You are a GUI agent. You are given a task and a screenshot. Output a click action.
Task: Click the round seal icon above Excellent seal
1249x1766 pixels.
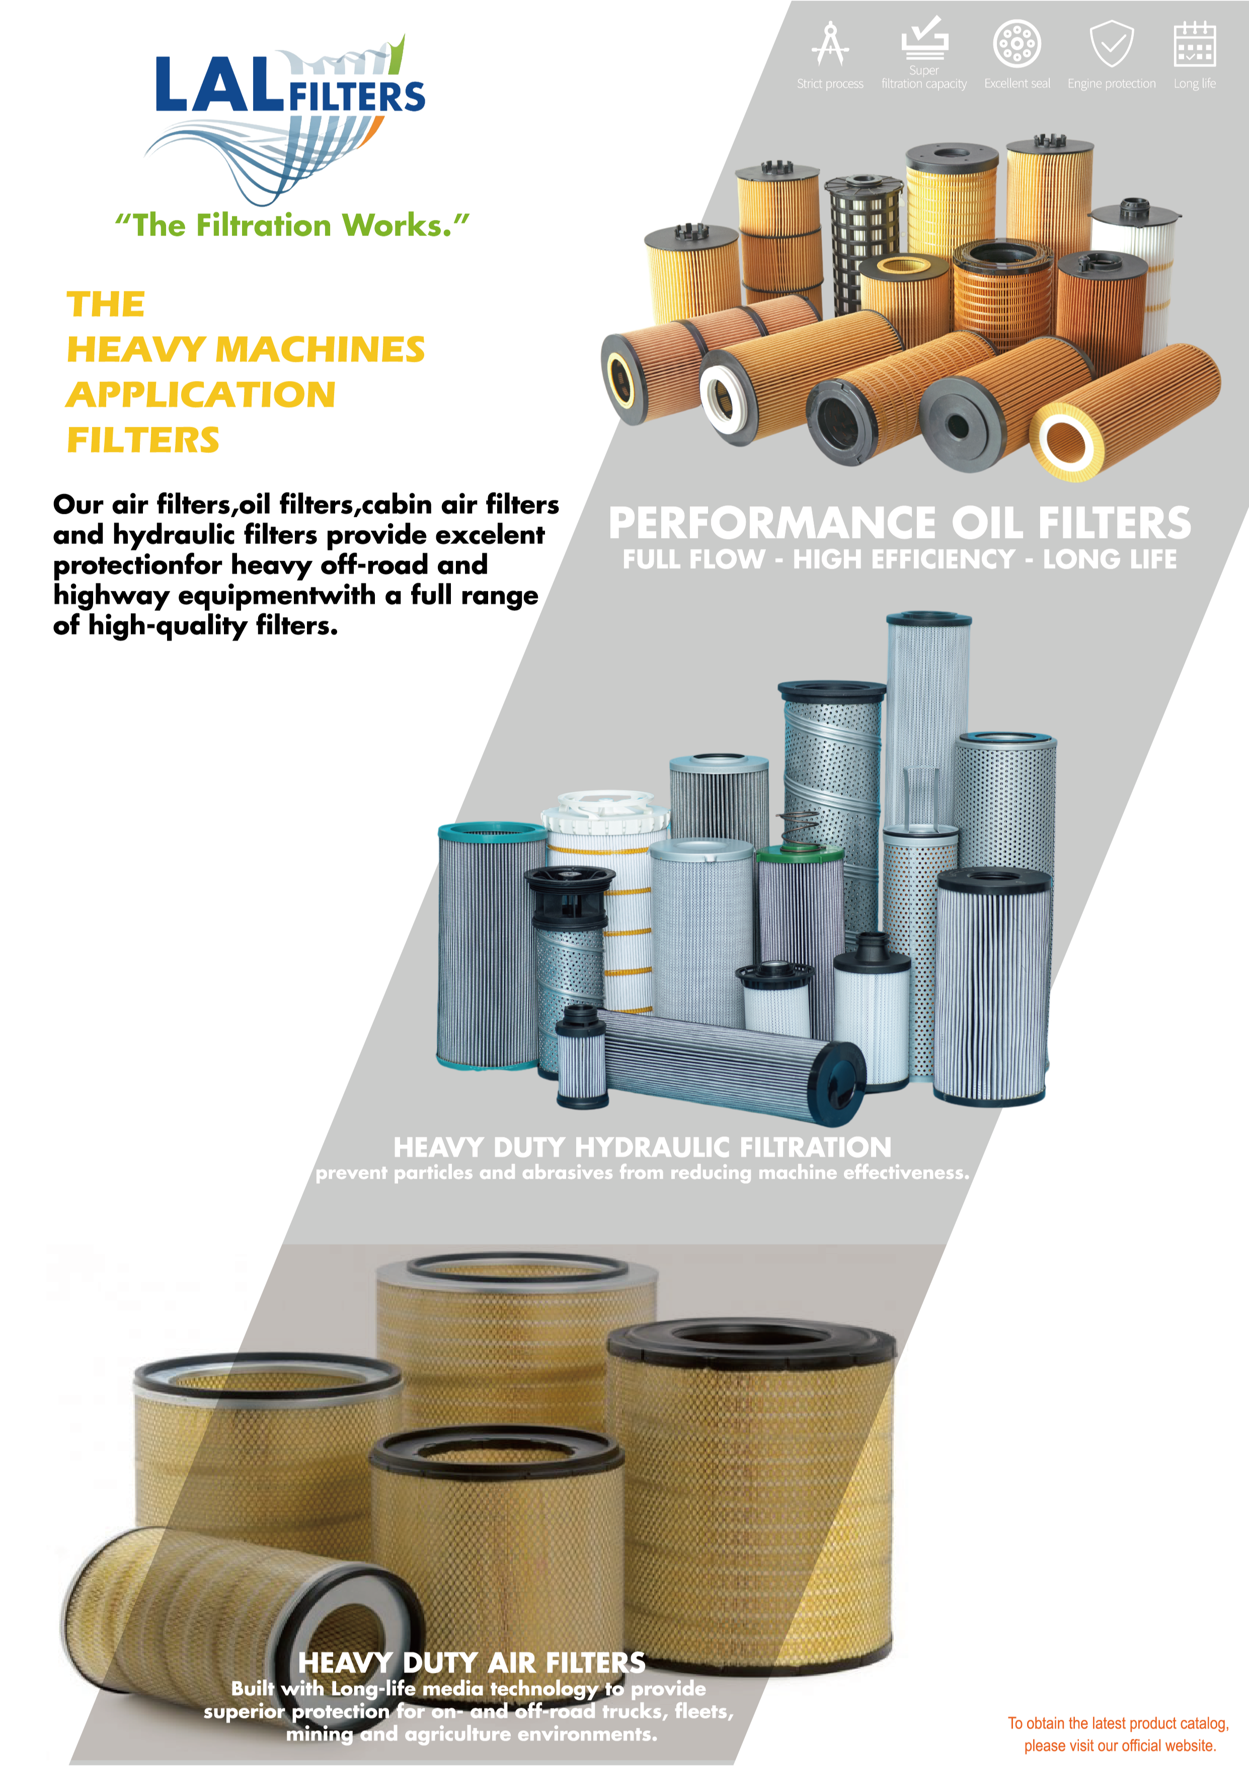pos(1017,44)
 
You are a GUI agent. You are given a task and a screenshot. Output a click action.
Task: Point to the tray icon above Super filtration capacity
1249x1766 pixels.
pos(924,38)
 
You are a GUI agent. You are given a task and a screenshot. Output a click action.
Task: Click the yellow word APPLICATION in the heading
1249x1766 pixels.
pos(201,395)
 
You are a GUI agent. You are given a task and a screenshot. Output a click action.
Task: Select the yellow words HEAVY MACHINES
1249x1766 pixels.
pos(246,349)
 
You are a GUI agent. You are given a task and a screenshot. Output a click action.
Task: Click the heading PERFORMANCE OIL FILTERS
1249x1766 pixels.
pos(899,523)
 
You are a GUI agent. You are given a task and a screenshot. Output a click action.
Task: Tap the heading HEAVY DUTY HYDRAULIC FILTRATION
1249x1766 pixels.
pos(642,1147)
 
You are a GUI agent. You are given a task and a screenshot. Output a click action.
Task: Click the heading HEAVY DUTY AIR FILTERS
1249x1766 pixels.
pos(472,1662)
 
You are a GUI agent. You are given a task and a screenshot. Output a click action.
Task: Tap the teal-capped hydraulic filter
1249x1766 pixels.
pos(489,946)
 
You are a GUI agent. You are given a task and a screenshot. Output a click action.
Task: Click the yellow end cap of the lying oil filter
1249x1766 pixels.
pos(1065,442)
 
